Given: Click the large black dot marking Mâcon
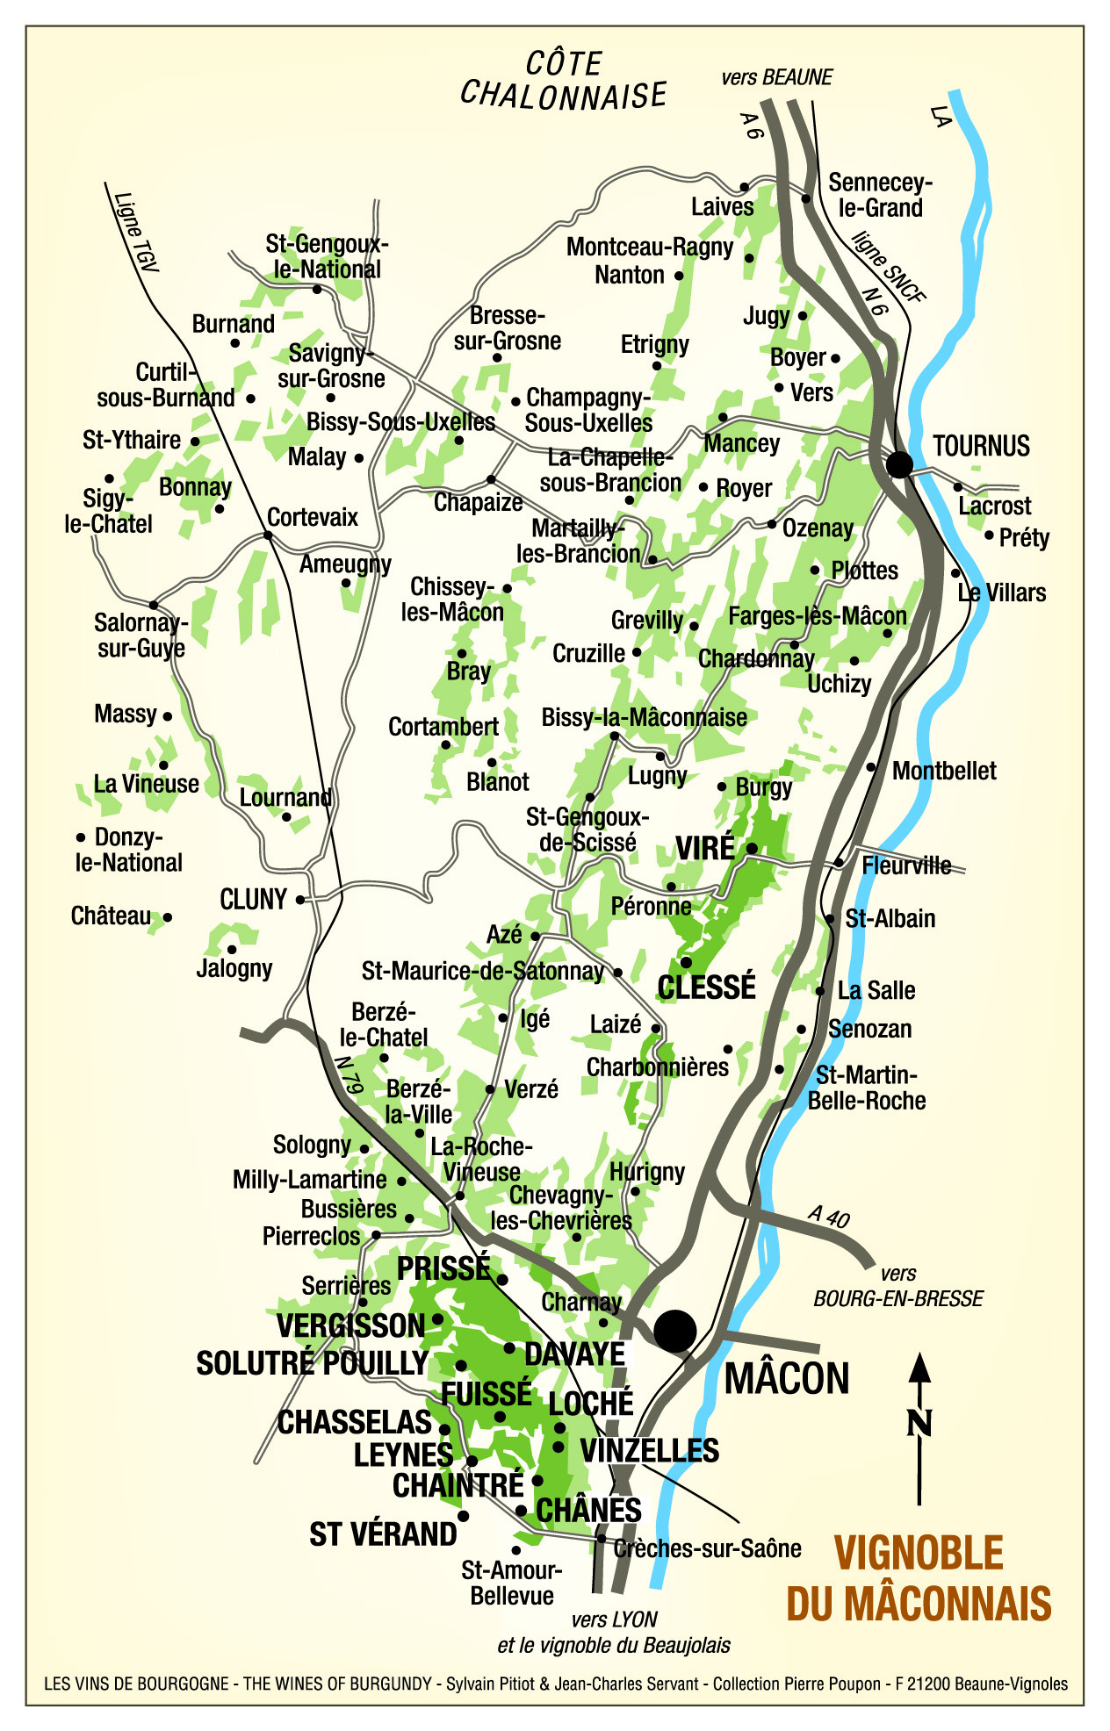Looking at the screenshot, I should [x=675, y=1331].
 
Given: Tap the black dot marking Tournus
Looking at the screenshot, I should [x=899, y=463].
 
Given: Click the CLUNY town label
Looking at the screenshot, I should [x=253, y=900].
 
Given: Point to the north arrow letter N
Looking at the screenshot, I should [x=919, y=1423].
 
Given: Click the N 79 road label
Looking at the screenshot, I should [x=349, y=1074].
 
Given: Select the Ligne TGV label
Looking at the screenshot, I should [x=135, y=232].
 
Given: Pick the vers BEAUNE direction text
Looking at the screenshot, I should [x=776, y=77].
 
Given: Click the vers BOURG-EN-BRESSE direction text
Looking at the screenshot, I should [x=897, y=1286].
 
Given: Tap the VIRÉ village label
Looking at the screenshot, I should [x=705, y=848].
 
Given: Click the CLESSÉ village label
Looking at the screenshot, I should [x=706, y=987].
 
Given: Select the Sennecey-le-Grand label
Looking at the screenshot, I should [x=879, y=195].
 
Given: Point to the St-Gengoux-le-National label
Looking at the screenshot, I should [x=327, y=256].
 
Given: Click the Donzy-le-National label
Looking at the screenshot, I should [x=129, y=849].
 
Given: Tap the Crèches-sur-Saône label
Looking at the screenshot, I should [x=707, y=1548].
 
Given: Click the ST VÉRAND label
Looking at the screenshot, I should [x=383, y=1533].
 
